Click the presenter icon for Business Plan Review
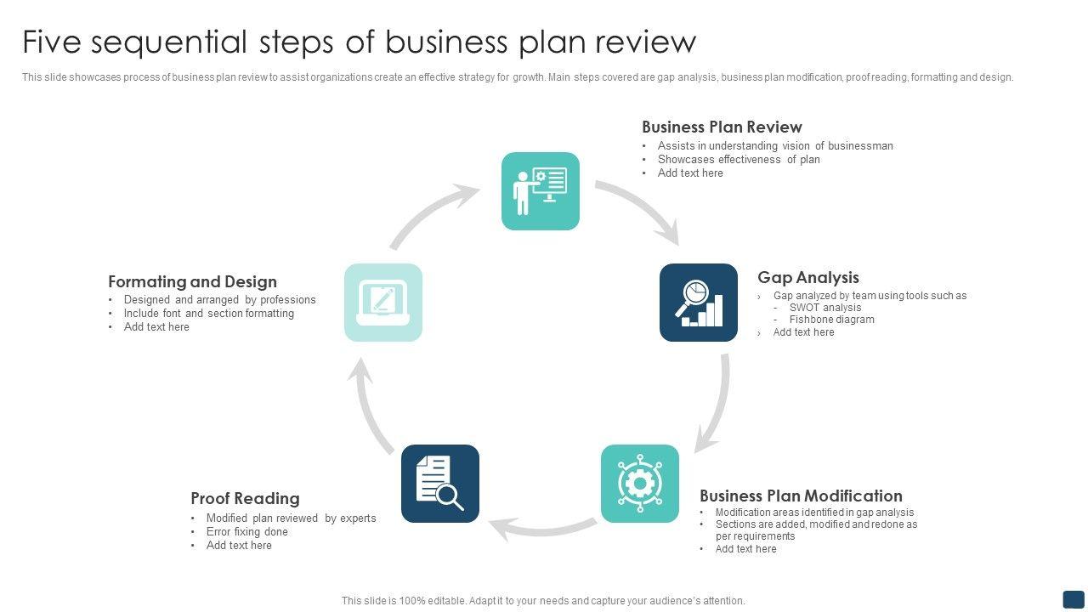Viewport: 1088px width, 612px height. [x=541, y=191]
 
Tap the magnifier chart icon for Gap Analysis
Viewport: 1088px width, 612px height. [x=699, y=303]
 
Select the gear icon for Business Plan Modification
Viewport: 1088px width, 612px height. [x=640, y=484]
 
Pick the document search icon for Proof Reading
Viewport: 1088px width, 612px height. [x=440, y=484]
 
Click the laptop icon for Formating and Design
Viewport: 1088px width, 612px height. [x=383, y=303]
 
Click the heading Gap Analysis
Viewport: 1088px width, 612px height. [x=807, y=278]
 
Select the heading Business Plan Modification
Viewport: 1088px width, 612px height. [x=801, y=496]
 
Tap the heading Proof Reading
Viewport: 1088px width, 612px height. [x=245, y=498]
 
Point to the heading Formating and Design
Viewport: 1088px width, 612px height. [x=192, y=281]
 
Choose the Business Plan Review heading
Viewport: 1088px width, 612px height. [x=722, y=127]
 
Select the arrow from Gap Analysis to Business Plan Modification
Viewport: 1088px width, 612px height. [x=718, y=404]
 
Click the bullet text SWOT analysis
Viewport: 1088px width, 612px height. [x=824, y=308]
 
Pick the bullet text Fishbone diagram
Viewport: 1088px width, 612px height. [x=831, y=320]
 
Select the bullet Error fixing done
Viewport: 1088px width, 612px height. [x=246, y=532]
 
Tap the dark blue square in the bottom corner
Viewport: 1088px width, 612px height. [x=1074, y=598]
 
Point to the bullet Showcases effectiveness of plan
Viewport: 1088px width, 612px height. [x=738, y=159]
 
